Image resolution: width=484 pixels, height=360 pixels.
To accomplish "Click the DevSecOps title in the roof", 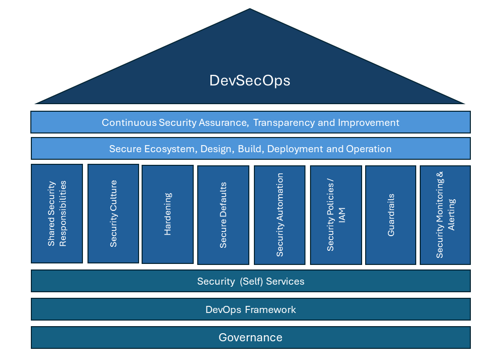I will pyautogui.click(x=250, y=81).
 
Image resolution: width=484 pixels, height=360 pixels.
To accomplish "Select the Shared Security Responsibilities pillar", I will pyautogui.click(x=57, y=213).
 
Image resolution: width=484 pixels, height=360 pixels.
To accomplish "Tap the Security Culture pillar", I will pyautogui.click(x=113, y=213).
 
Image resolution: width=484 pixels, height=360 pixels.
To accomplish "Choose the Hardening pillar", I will pyautogui.click(x=167, y=214).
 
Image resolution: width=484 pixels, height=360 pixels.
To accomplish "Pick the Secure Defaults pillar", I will pyautogui.click(x=223, y=215).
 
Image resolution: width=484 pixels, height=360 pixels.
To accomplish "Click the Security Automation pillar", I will pyautogui.click(x=280, y=215).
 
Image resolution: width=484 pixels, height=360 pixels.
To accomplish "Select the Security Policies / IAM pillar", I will pyautogui.click(x=336, y=215).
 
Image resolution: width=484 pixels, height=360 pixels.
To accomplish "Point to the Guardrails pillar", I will pyautogui.click(x=390, y=215).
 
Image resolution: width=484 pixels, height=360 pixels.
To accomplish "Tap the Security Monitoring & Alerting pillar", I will pyautogui.click(x=445, y=215).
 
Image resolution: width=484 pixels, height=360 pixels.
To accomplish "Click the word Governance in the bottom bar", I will pyautogui.click(x=250, y=337).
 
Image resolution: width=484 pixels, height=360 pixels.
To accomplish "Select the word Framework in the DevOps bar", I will pyautogui.click(x=272, y=309).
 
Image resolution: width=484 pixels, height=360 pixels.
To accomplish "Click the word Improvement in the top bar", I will pyautogui.click(x=369, y=122).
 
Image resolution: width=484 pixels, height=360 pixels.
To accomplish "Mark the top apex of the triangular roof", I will pyautogui.click(x=250, y=9).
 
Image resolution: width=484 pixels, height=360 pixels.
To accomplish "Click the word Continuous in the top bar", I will pyautogui.click(x=129, y=122).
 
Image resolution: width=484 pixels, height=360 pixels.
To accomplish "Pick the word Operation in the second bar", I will pyautogui.click(x=369, y=149).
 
